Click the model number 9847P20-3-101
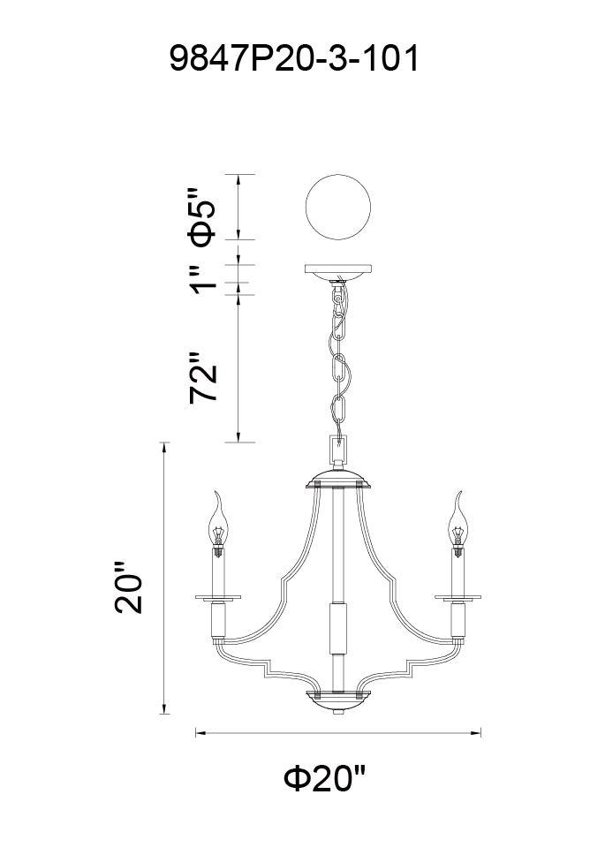pyautogui.click(x=294, y=58)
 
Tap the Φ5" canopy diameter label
pyautogui.click(x=201, y=217)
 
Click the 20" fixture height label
pyautogui.click(x=128, y=587)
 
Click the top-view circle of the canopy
pyautogui.click(x=338, y=208)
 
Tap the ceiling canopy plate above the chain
pyautogui.click(x=338, y=272)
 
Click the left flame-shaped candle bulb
pyautogui.click(x=218, y=522)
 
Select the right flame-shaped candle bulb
pyautogui.click(x=458, y=522)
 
